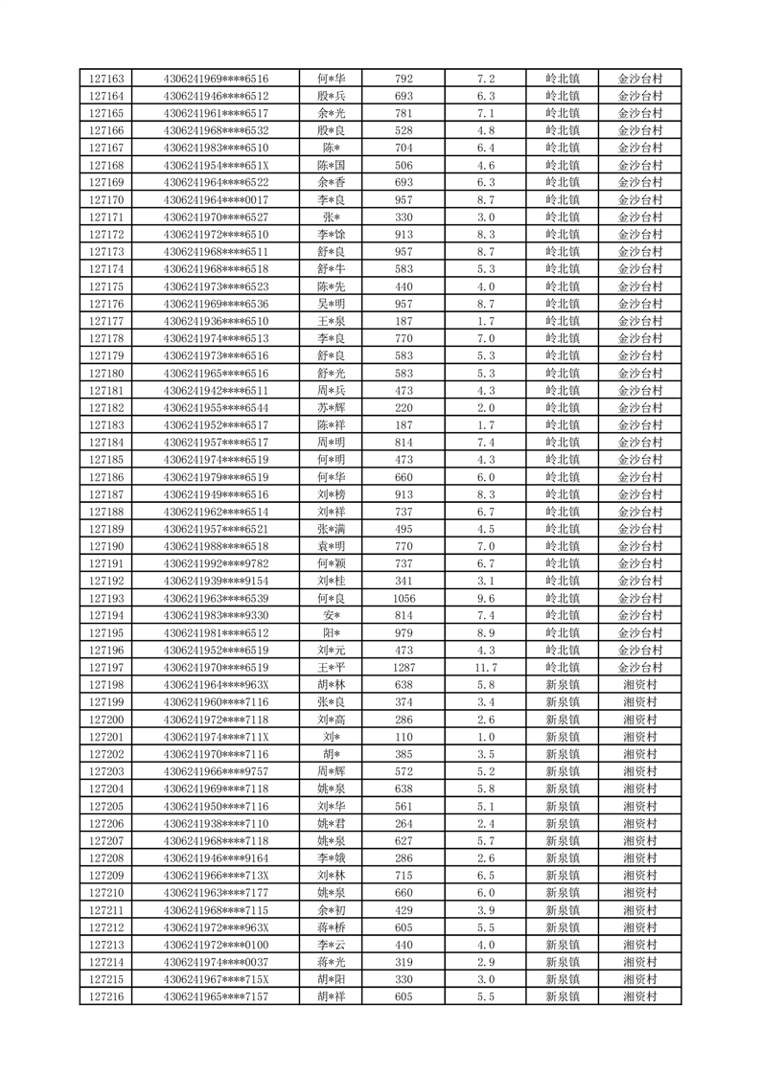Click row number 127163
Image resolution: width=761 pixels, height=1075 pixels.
(105, 79)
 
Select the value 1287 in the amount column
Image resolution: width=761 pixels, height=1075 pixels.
(404, 668)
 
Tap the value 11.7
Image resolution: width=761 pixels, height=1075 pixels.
(486, 668)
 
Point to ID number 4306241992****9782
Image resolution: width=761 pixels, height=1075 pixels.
(216, 563)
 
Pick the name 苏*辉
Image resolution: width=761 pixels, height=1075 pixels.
(332, 407)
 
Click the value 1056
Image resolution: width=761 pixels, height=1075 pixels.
(404, 599)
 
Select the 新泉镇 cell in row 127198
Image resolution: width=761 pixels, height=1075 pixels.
(563, 685)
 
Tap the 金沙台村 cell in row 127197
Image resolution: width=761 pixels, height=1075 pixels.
(639, 668)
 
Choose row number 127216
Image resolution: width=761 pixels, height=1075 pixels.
(105, 997)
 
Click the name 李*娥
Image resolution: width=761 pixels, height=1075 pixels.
(332, 858)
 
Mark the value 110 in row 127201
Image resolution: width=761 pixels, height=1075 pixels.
(404, 737)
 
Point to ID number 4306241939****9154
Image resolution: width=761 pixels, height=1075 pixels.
(216, 581)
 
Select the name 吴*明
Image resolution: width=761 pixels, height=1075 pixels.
(332, 304)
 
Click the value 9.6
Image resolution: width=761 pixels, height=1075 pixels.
(486, 599)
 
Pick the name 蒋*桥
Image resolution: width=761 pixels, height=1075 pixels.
(332, 927)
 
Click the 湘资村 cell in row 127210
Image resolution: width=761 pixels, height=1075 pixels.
(639, 893)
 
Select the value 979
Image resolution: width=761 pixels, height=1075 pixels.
(404, 633)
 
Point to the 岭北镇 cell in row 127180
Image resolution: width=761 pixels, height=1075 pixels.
(563, 373)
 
